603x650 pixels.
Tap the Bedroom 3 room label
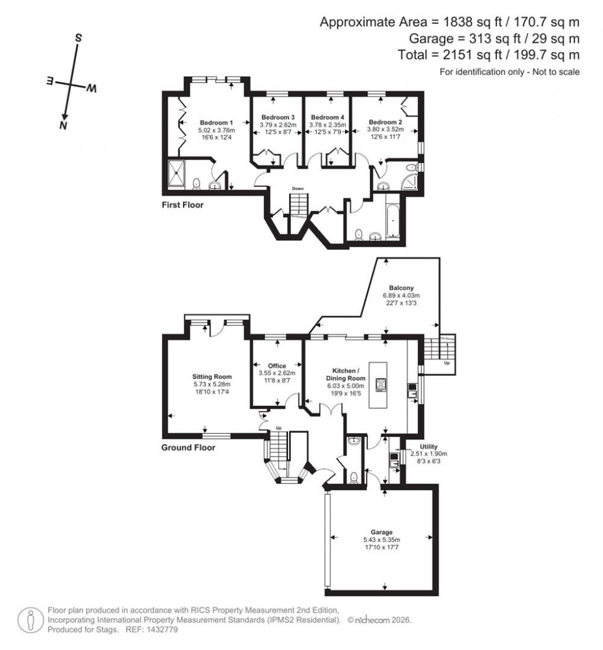(x=277, y=117)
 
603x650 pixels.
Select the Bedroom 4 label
(x=327, y=117)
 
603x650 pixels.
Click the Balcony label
(x=401, y=287)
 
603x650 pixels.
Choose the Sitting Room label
(x=211, y=376)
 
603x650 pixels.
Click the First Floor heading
(x=183, y=205)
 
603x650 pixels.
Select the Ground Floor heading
(x=188, y=447)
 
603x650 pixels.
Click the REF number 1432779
(x=164, y=629)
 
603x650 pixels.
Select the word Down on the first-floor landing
(x=299, y=188)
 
